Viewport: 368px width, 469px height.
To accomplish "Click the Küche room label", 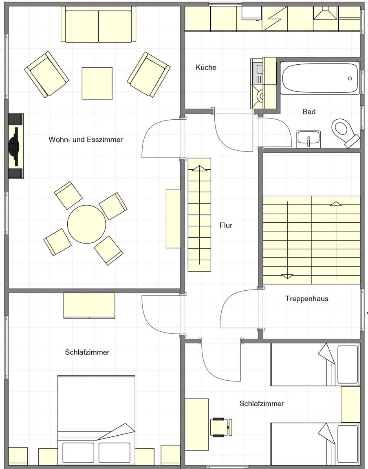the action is (x=206, y=67).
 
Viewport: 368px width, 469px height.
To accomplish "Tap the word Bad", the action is (x=309, y=112).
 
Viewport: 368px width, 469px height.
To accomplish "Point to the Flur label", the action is (x=226, y=225).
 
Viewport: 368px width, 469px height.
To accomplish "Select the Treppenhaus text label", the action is (x=306, y=298).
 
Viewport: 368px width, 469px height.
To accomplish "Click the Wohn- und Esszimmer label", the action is (x=86, y=139).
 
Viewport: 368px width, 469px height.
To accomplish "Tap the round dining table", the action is (x=86, y=224).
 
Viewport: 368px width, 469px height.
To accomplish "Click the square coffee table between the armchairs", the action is (x=97, y=83).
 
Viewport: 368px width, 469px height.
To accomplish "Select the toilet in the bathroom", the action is (x=345, y=133).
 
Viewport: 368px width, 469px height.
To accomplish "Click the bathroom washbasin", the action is (x=309, y=139).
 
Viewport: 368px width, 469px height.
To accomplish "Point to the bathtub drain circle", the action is (x=350, y=79).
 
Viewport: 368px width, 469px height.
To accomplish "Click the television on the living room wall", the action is (x=15, y=146).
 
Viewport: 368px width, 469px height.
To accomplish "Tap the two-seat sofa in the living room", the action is (x=98, y=24).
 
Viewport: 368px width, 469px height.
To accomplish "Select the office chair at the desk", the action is (x=221, y=427).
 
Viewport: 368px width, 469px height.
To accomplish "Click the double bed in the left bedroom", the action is (x=96, y=420).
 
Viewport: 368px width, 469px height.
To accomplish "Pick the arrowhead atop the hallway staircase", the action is (x=199, y=168).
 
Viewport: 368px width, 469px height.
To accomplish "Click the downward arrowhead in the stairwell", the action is (x=287, y=276).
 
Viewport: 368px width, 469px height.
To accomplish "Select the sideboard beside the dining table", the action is (x=173, y=219).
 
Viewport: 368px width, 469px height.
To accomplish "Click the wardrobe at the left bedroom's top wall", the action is (x=89, y=305).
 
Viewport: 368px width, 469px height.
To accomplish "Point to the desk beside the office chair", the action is (x=197, y=425).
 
